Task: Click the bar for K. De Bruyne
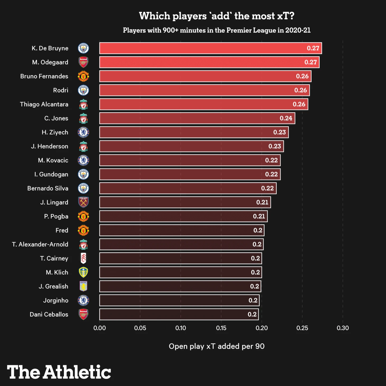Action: [x=210, y=48]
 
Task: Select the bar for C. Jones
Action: [x=197, y=118]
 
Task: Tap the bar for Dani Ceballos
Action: [x=179, y=314]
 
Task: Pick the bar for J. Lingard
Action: [x=185, y=202]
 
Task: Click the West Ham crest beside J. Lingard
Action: [x=83, y=202]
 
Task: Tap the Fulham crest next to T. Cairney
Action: [x=83, y=258]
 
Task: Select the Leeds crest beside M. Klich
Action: [x=83, y=272]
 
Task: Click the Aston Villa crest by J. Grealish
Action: [x=83, y=286]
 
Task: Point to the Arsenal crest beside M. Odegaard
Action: [x=83, y=62]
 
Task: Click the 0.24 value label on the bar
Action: [x=286, y=118]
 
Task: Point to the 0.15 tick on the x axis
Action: [x=221, y=328]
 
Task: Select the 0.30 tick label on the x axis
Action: [x=343, y=328]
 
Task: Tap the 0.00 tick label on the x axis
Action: [x=100, y=328]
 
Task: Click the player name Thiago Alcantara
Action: [x=44, y=104]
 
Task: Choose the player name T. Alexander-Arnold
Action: [x=40, y=244]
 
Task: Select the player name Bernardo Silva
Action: [x=48, y=188]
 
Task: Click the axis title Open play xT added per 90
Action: [x=217, y=346]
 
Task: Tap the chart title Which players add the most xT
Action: [x=217, y=16]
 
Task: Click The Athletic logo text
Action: [x=59, y=372]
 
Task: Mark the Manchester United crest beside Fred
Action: [x=83, y=230]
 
